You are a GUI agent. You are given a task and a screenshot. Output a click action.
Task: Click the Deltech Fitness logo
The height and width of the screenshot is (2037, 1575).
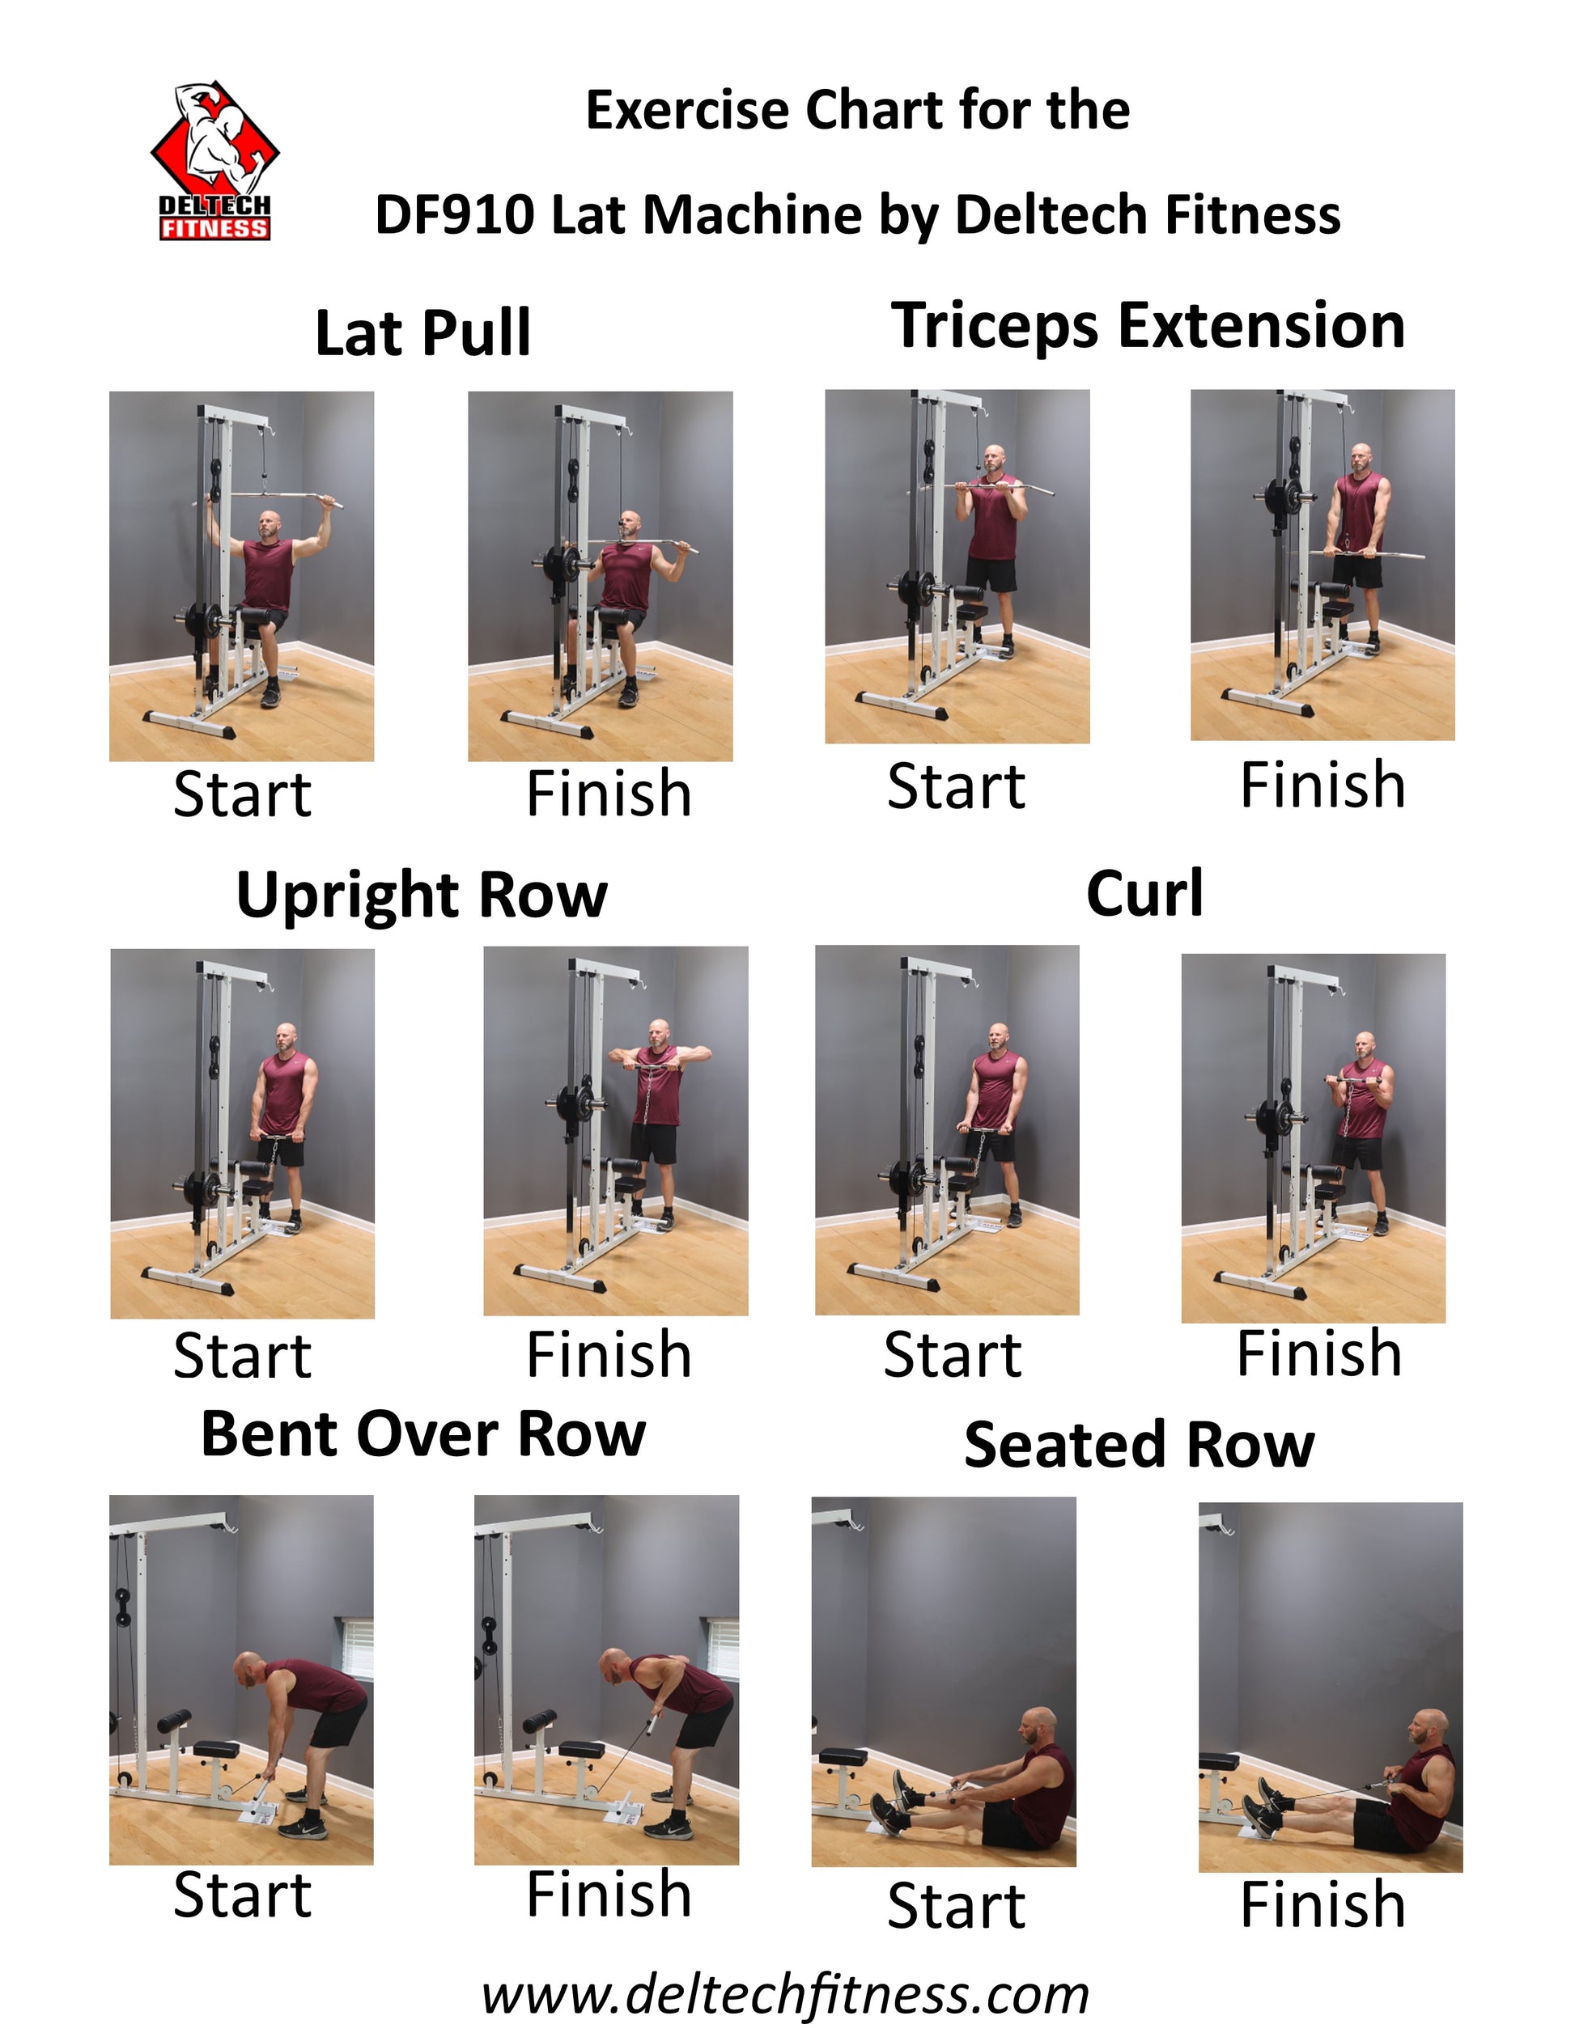[x=215, y=161]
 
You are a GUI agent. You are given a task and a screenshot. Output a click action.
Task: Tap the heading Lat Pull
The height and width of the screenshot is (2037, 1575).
[x=422, y=333]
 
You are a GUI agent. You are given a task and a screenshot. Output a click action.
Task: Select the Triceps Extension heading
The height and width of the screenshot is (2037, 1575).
[x=1148, y=327]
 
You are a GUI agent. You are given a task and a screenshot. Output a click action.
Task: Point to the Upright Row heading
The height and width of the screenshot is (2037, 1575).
[x=422, y=896]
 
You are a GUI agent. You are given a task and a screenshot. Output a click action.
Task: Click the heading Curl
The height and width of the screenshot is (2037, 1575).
[x=1145, y=894]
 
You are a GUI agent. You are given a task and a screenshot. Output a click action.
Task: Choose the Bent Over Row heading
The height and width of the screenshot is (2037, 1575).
[x=422, y=1434]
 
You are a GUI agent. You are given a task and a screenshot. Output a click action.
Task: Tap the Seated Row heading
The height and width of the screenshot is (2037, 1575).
[x=1140, y=1445]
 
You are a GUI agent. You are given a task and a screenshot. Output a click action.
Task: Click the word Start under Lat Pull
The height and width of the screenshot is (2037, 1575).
[x=243, y=794]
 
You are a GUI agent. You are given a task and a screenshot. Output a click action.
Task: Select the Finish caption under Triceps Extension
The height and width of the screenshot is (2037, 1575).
[x=1322, y=785]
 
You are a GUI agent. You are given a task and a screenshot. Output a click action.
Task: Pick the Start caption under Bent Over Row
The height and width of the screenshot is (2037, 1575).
[x=243, y=1896]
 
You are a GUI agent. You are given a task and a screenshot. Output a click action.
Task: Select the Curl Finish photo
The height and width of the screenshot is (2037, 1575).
[x=1313, y=1138]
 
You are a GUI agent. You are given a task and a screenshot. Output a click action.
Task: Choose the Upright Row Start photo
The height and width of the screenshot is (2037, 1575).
[x=243, y=1134]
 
